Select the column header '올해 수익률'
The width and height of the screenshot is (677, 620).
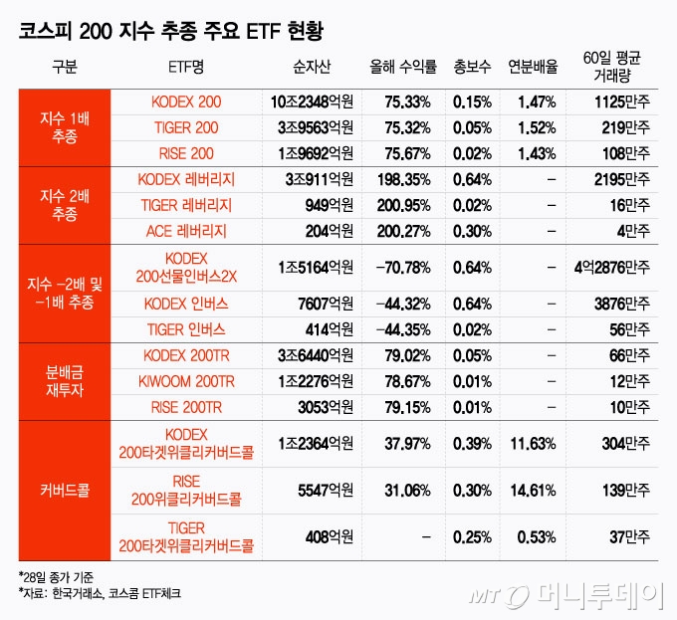coord(402,68)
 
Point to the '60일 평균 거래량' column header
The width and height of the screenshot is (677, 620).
coord(615,68)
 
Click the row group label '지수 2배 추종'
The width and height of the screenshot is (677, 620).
coord(65,205)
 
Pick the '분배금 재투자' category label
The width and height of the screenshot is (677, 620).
coord(65,381)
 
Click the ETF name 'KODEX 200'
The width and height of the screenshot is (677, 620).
coord(186,103)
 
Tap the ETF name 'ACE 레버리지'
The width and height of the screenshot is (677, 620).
coord(186,231)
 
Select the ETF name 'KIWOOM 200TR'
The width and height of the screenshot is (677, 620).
coord(186,381)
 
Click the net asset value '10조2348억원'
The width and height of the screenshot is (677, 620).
coord(312,103)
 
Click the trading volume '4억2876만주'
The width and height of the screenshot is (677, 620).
coord(612,268)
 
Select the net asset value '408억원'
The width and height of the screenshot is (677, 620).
coord(329,537)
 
